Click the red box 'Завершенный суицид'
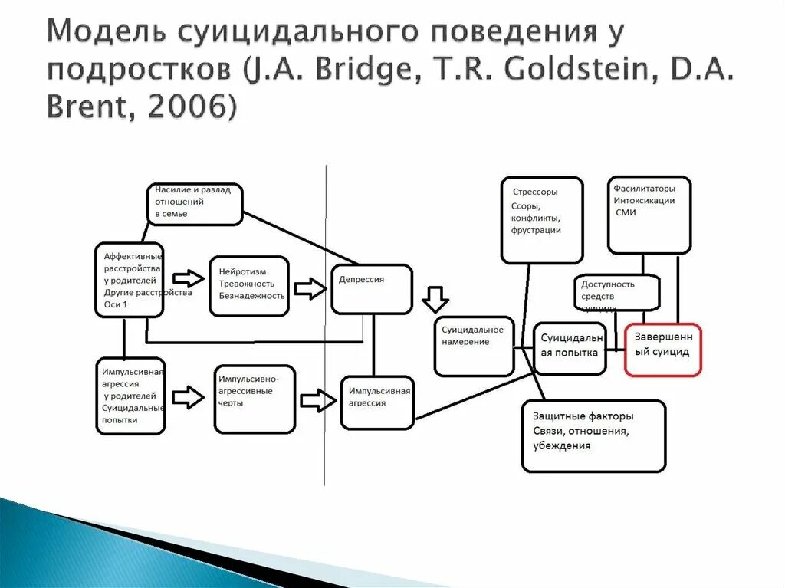coord(662,350)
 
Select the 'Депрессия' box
coord(372,288)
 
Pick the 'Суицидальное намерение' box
coord(475,347)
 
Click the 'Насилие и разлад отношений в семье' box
coord(195,203)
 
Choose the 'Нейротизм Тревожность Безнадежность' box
coord(249,286)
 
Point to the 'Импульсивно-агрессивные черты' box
coord(255,398)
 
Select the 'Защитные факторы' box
coord(593,435)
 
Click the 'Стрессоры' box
coord(541,220)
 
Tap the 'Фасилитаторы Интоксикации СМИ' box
coord(649,215)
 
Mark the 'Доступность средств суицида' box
coord(616,292)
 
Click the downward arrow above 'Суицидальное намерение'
coord(435,299)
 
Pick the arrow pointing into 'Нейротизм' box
coord(188,278)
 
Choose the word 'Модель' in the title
coord(106,33)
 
